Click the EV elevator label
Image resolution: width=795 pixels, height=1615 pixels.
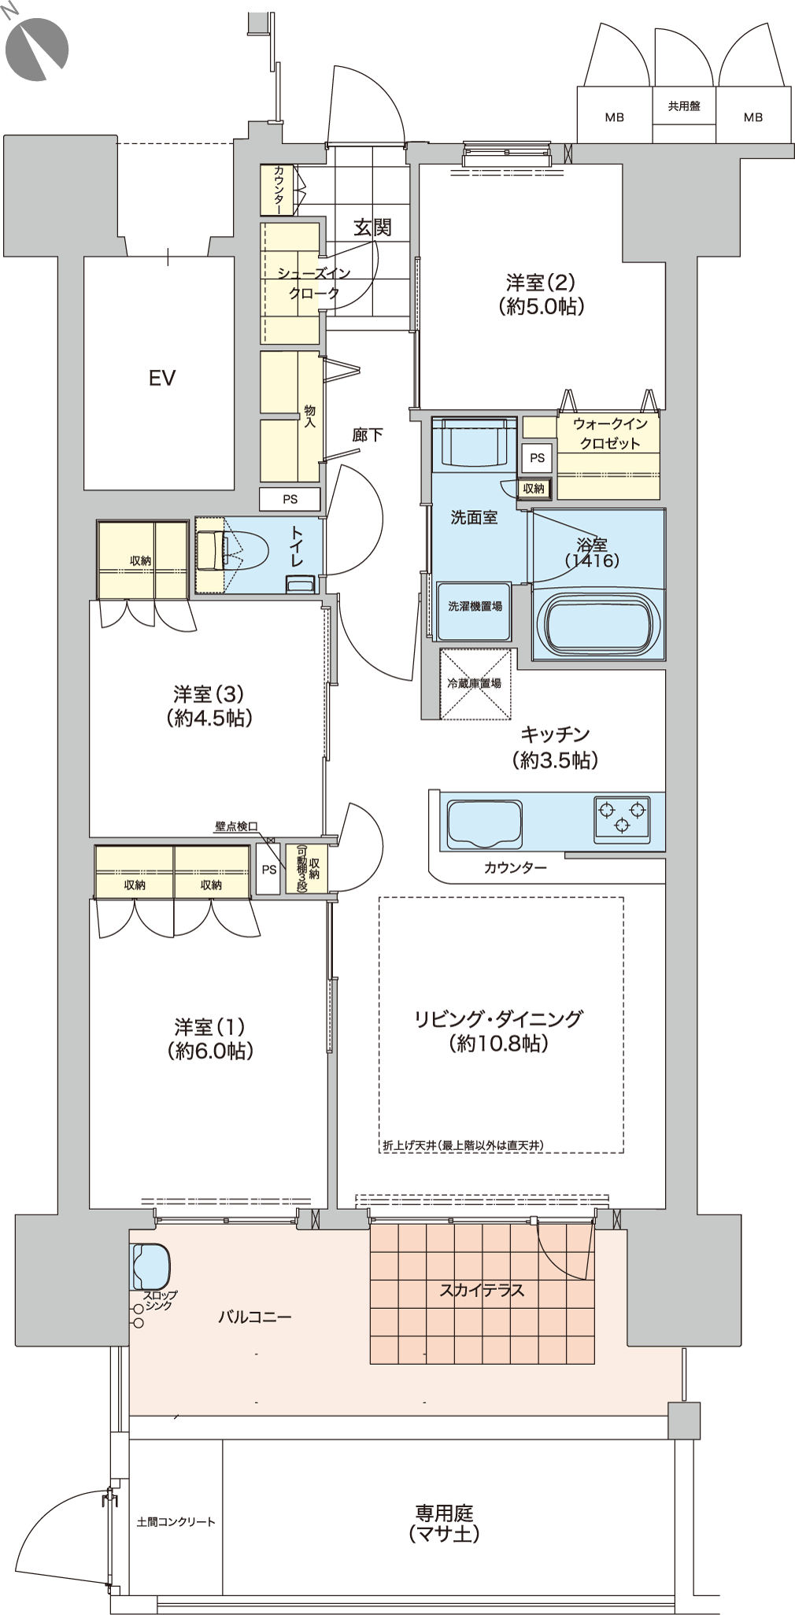tap(161, 379)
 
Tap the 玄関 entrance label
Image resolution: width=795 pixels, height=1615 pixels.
tap(372, 227)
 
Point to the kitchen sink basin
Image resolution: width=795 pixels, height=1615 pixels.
tap(484, 823)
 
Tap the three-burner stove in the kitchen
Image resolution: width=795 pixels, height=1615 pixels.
tap(623, 816)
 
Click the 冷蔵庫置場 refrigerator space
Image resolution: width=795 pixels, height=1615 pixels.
tap(475, 683)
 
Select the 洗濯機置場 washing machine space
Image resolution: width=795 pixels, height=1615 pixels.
tap(475, 610)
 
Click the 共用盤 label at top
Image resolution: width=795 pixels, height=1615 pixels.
tap(684, 105)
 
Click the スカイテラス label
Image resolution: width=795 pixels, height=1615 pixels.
tap(482, 1290)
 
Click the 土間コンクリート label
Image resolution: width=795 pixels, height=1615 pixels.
tap(176, 1522)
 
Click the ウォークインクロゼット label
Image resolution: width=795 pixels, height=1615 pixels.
tap(610, 433)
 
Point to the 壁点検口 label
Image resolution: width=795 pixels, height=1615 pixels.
tap(236, 826)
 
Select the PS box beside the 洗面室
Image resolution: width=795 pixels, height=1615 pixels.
tap(538, 458)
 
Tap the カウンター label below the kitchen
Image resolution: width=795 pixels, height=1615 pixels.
tap(515, 868)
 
